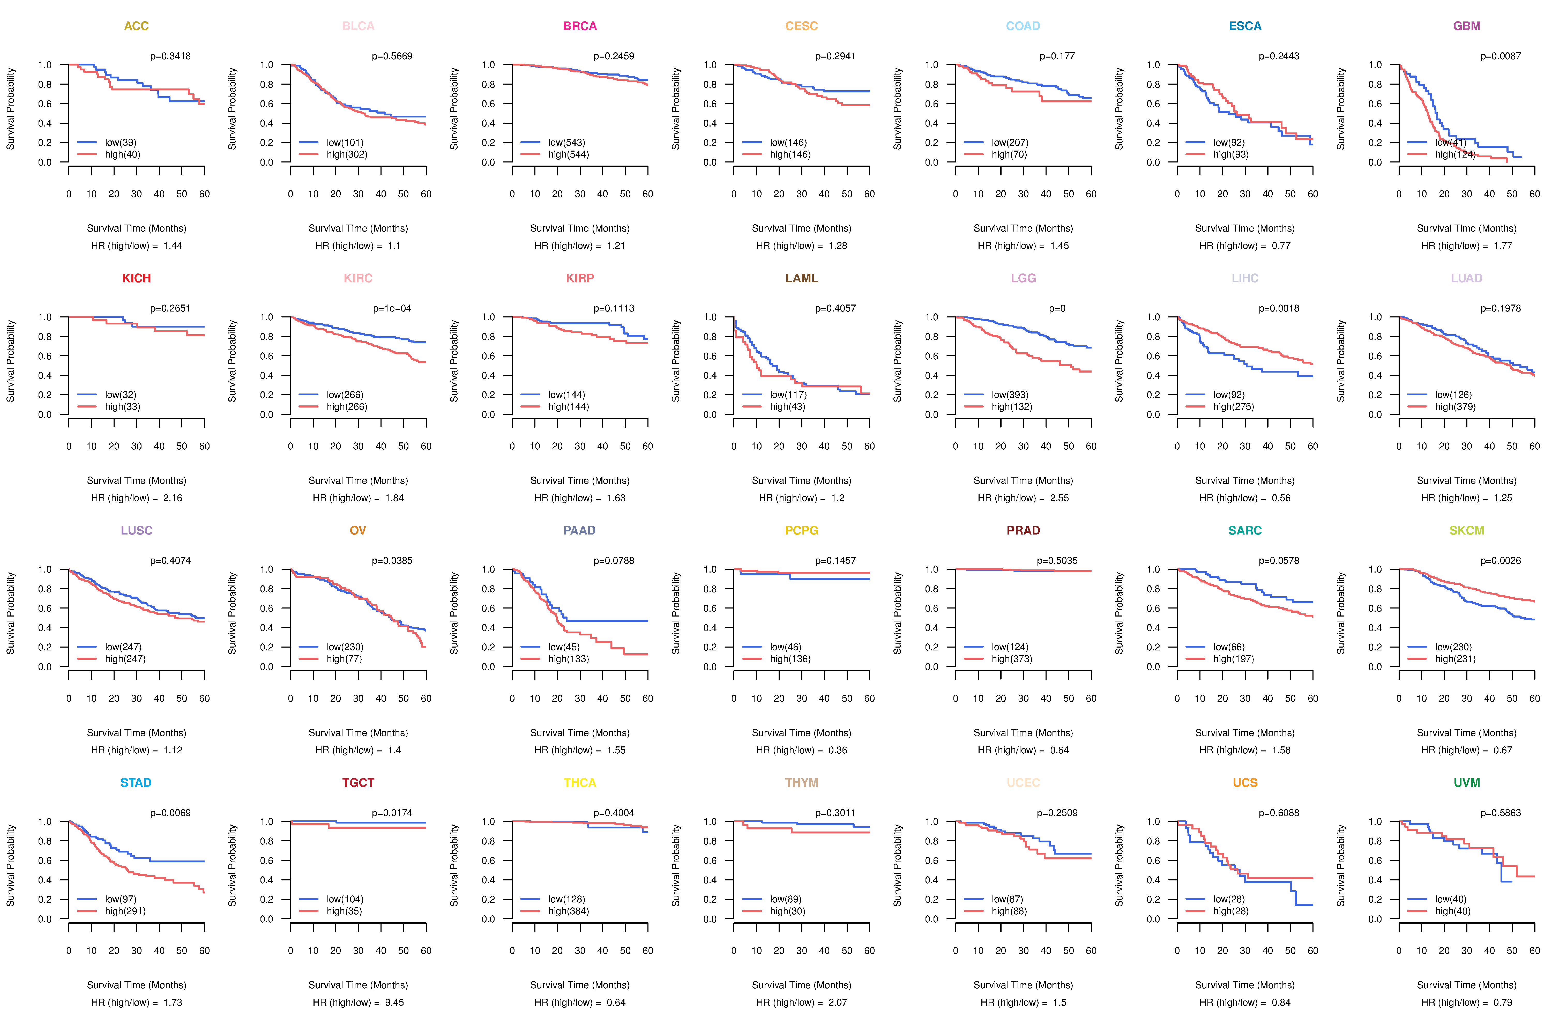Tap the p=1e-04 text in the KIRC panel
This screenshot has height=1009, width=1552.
[x=392, y=308]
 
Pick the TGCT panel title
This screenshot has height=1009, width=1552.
[x=358, y=783]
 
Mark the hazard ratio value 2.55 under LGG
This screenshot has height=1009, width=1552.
[x=1059, y=498]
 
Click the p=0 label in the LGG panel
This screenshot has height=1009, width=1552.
[x=1057, y=308]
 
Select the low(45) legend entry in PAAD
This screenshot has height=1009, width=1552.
[x=563, y=647]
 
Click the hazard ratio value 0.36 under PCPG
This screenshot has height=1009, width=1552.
[x=837, y=750]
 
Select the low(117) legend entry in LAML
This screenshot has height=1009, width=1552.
[x=788, y=395]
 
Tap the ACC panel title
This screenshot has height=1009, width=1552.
[x=136, y=26]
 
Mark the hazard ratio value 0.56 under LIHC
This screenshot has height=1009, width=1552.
[x=1281, y=498]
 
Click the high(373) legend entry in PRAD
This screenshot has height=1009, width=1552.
[x=1011, y=659]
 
